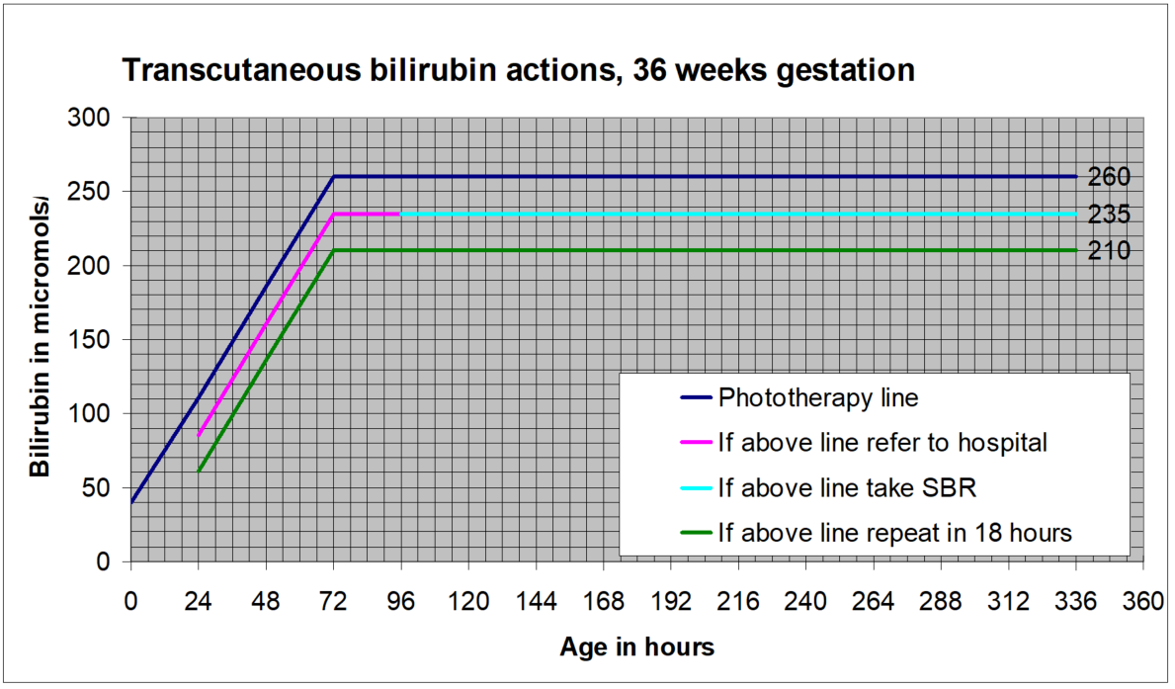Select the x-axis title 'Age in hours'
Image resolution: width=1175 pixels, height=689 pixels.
(x=636, y=647)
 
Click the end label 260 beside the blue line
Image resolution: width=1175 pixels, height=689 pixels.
(x=1109, y=178)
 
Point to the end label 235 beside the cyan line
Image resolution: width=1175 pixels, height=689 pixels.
(x=1109, y=215)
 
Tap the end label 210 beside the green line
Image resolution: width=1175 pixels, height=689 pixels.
(x=1109, y=251)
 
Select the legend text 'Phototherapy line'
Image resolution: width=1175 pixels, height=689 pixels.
(x=818, y=398)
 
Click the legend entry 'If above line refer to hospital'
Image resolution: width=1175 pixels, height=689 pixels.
(x=882, y=443)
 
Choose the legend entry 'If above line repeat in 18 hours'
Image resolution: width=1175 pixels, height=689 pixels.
(x=894, y=532)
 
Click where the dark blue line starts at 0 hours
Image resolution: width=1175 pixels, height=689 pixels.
(x=131, y=502)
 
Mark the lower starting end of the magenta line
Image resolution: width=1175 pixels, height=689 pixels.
(x=199, y=435)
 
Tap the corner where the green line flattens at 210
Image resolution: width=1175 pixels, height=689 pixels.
(x=334, y=251)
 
